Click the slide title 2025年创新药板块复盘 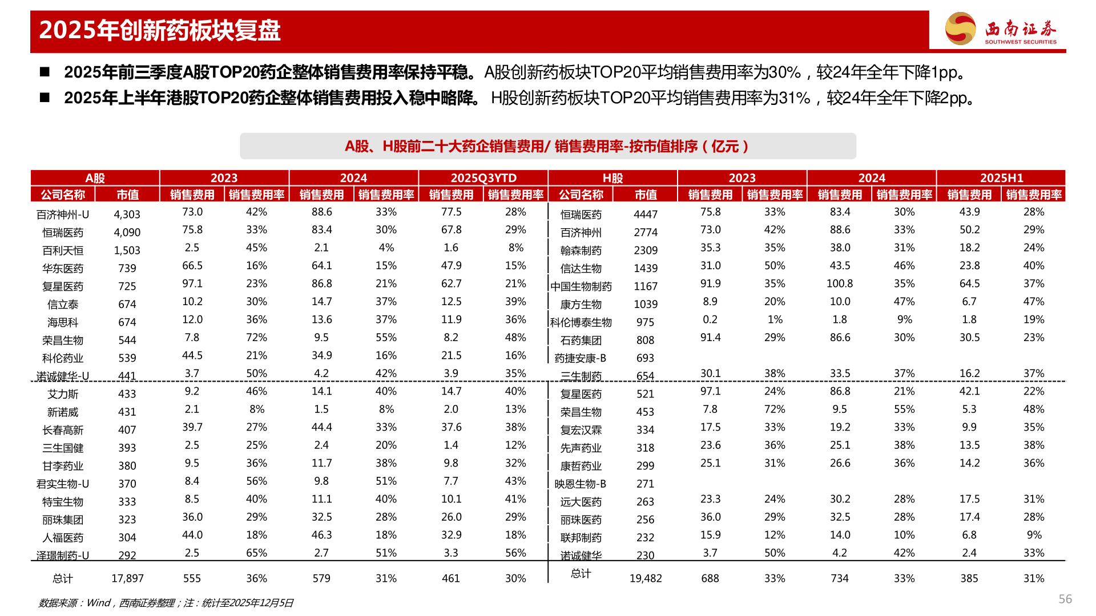click(160, 30)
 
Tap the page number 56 click(1065, 599)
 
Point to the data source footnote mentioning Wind click(166, 603)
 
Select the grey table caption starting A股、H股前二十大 click(547, 147)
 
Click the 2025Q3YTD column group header click(483, 178)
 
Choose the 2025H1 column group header click(1001, 178)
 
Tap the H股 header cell click(613, 178)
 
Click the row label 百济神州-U click(63, 214)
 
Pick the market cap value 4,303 click(127, 214)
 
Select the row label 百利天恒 click(63, 250)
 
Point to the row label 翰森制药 click(581, 250)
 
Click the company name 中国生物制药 click(581, 286)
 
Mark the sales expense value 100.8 click(840, 283)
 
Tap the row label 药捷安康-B click(581, 358)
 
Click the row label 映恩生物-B click(581, 484)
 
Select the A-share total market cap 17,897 click(127, 578)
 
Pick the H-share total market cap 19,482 click(646, 578)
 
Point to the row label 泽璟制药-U click(63, 556)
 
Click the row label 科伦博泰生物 click(581, 322)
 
